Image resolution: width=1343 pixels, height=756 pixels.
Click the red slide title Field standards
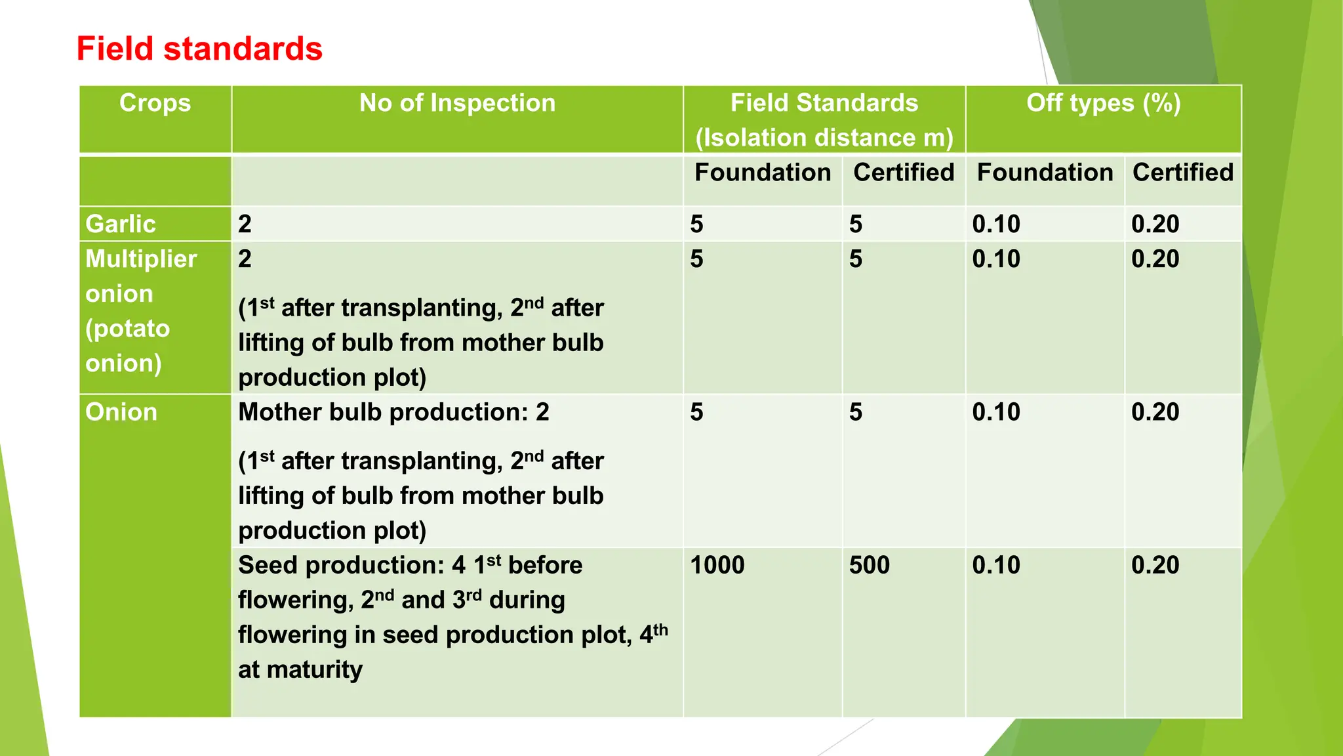[x=199, y=49]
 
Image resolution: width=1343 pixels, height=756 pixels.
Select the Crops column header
[x=155, y=103]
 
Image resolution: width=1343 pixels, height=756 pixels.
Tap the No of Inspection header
[x=457, y=103]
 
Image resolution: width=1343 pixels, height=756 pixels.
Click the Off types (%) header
[x=1104, y=103]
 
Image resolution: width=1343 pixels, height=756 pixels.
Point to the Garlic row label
[x=121, y=224]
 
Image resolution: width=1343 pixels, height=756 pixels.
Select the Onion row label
[x=121, y=412]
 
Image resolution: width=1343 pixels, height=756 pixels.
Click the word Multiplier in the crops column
[x=141, y=259]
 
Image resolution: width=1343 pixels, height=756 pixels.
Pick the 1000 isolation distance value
[x=717, y=565]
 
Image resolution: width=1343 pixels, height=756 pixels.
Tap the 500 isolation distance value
[x=870, y=565]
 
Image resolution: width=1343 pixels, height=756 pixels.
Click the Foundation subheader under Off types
[x=1045, y=173]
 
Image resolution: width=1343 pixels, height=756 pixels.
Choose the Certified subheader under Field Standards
[x=904, y=173]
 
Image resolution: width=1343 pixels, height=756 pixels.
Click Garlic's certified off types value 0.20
[x=1155, y=224]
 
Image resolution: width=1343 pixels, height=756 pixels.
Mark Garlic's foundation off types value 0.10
[x=996, y=224]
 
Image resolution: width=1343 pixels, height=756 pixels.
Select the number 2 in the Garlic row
[x=245, y=224]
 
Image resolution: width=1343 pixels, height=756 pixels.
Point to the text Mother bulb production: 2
[x=393, y=412]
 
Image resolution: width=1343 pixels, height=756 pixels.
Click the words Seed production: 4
[x=351, y=565]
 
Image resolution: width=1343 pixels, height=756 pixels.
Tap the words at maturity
[x=300, y=669]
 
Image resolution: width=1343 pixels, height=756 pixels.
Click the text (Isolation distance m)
[x=824, y=138]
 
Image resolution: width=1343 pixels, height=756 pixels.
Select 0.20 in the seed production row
[x=1155, y=565]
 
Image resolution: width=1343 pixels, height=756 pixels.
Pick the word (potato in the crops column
[x=128, y=329]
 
